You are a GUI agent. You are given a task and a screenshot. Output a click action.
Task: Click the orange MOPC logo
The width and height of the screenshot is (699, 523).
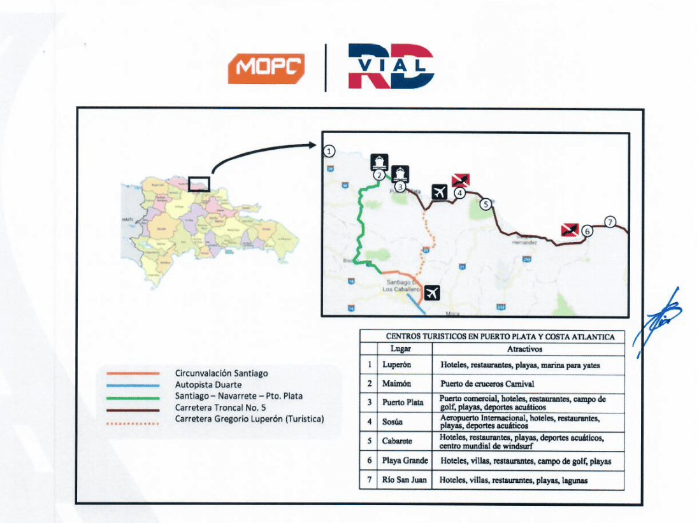(x=266, y=68)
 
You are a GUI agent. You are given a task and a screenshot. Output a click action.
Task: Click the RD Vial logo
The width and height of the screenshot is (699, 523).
(x=391, y=66)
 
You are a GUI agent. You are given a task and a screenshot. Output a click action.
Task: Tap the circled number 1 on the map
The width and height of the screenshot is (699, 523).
(x=329, y=152)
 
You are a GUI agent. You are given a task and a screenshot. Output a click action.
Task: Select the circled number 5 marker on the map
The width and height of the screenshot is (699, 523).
(x=485, y=204)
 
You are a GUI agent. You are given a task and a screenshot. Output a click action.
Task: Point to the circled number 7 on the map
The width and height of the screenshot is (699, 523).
(x=610, y=222)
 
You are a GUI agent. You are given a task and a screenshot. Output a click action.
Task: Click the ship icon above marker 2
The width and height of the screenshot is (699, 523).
(x=379, y=161)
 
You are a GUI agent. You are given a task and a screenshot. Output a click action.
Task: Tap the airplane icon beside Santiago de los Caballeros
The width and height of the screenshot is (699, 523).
(x=432, y=293)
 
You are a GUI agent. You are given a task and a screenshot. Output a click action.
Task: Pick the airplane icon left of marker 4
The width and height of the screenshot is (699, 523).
(x=439, y=191)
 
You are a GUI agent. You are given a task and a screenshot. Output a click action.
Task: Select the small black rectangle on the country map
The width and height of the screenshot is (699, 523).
(x=199, y=183)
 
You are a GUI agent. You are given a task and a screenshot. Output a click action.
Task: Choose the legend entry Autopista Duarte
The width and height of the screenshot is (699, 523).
(x=208, y=385)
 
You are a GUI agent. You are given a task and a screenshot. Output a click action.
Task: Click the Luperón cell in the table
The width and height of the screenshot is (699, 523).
(x=396, y=366)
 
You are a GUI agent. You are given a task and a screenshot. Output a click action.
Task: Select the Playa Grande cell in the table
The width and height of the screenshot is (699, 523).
(x=405, y=461)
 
